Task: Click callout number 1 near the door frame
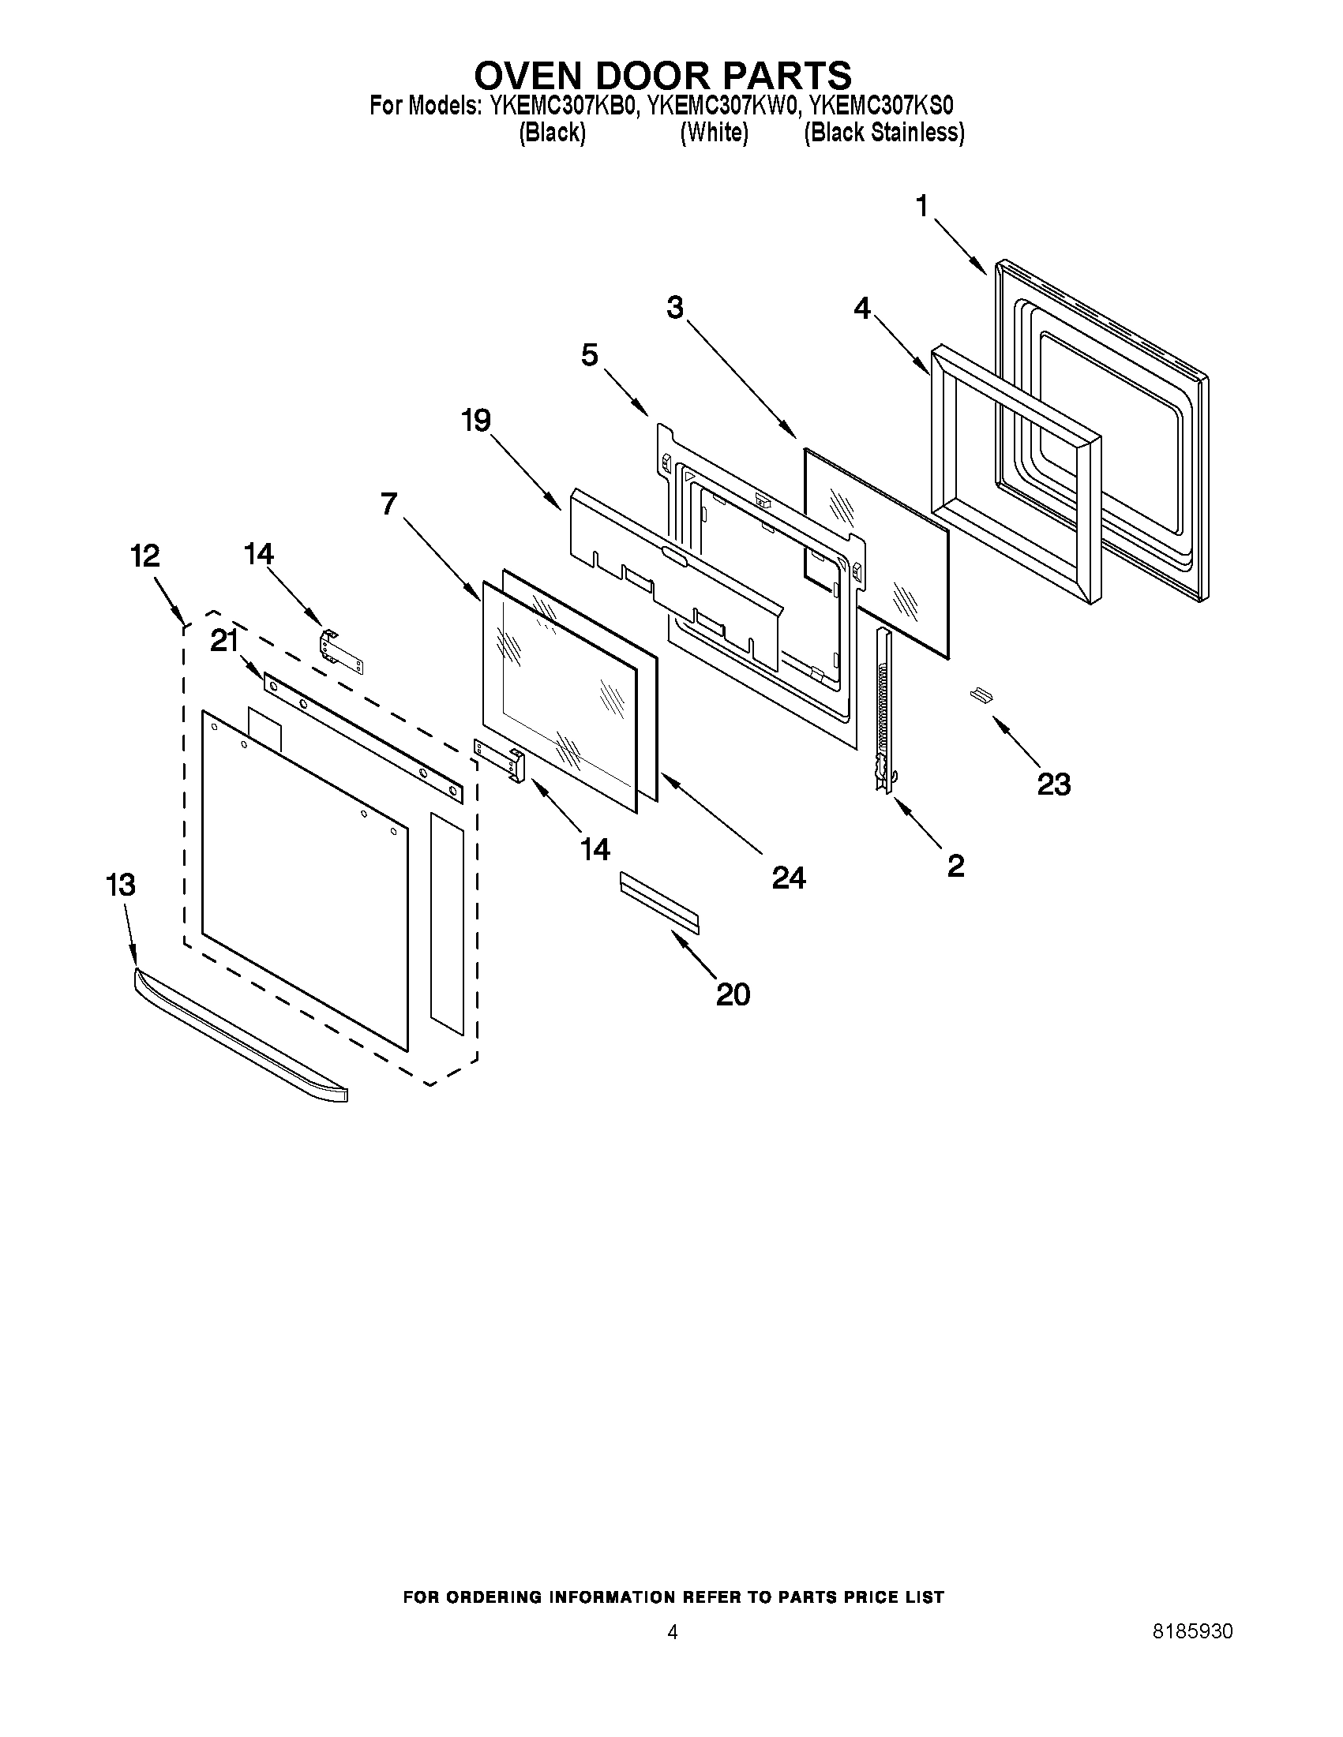[922, 207]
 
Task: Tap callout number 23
[1053, 784]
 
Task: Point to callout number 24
[789, 878]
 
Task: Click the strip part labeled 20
[659, 900]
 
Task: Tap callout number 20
[733, 994]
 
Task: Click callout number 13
[120, 885]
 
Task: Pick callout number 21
[224, 640]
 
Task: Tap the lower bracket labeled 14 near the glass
[501, 758]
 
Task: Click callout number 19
[477, 420]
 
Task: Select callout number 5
[589, 355]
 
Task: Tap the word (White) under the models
[714, 133]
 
